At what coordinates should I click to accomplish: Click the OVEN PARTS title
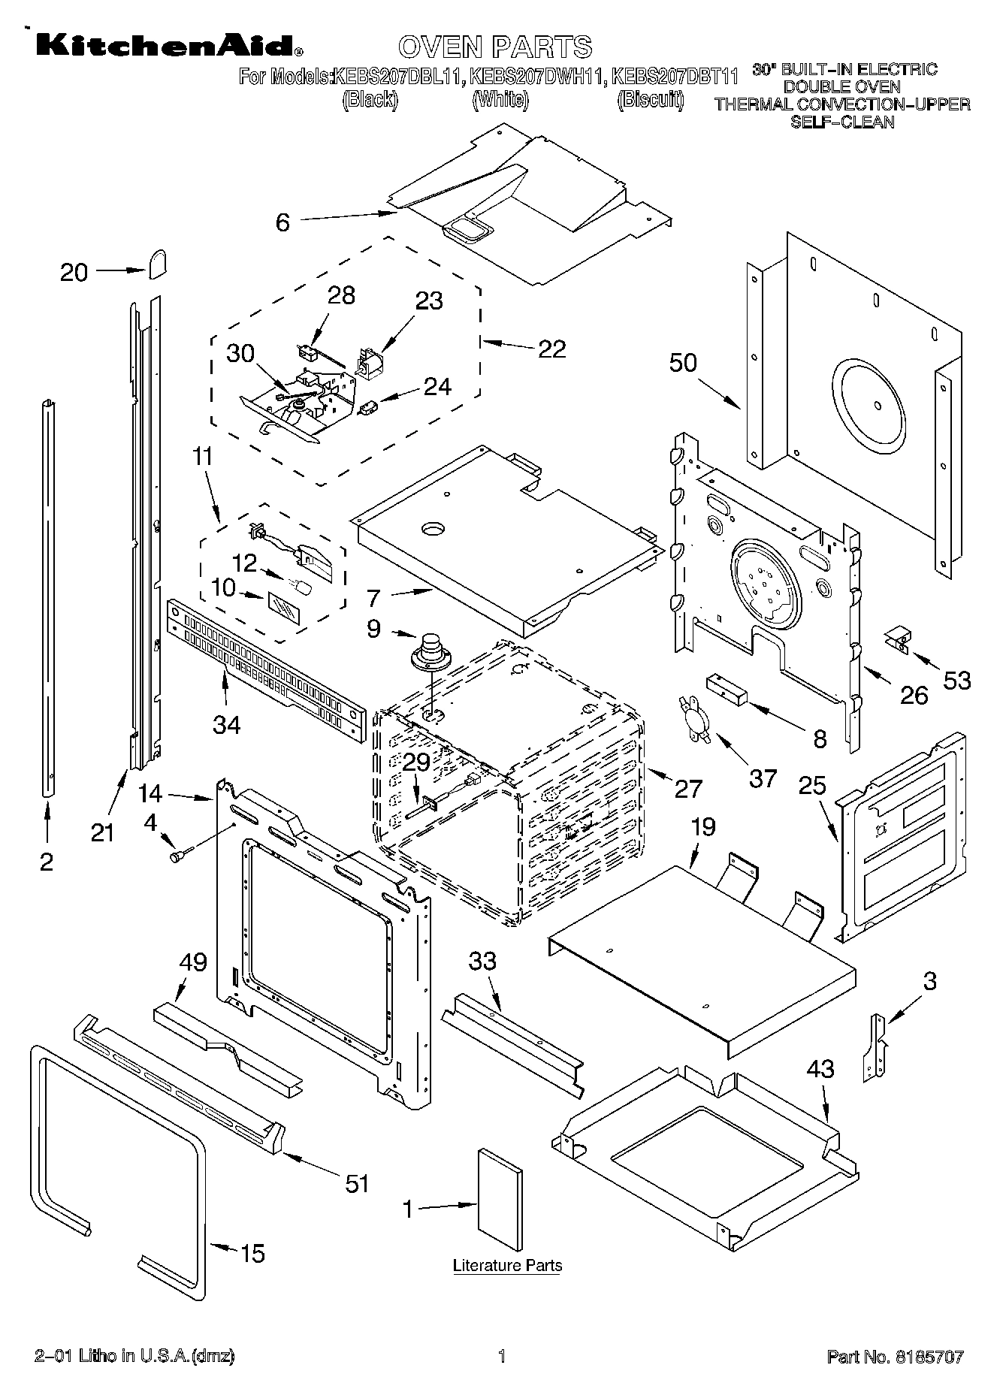point(495,47)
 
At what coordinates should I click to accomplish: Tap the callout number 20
point(74,272)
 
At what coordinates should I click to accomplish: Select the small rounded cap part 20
point(157,264)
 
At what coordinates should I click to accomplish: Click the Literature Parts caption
point(507,1266)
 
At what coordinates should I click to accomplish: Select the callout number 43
point(820,1068)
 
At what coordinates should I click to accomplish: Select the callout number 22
point(552,349)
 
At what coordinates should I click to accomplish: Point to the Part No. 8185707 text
point(895,1356)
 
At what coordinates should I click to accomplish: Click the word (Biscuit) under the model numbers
point(650,100)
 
